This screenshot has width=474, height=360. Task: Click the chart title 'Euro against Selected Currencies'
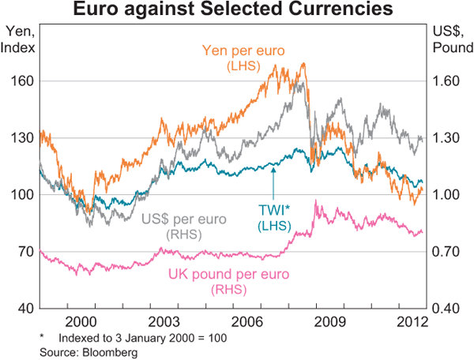237,10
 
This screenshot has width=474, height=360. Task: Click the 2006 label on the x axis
248,321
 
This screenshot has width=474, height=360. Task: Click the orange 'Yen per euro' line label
243,51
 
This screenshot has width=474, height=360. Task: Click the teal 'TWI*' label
274,211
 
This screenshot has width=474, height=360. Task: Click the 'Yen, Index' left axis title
17,39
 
